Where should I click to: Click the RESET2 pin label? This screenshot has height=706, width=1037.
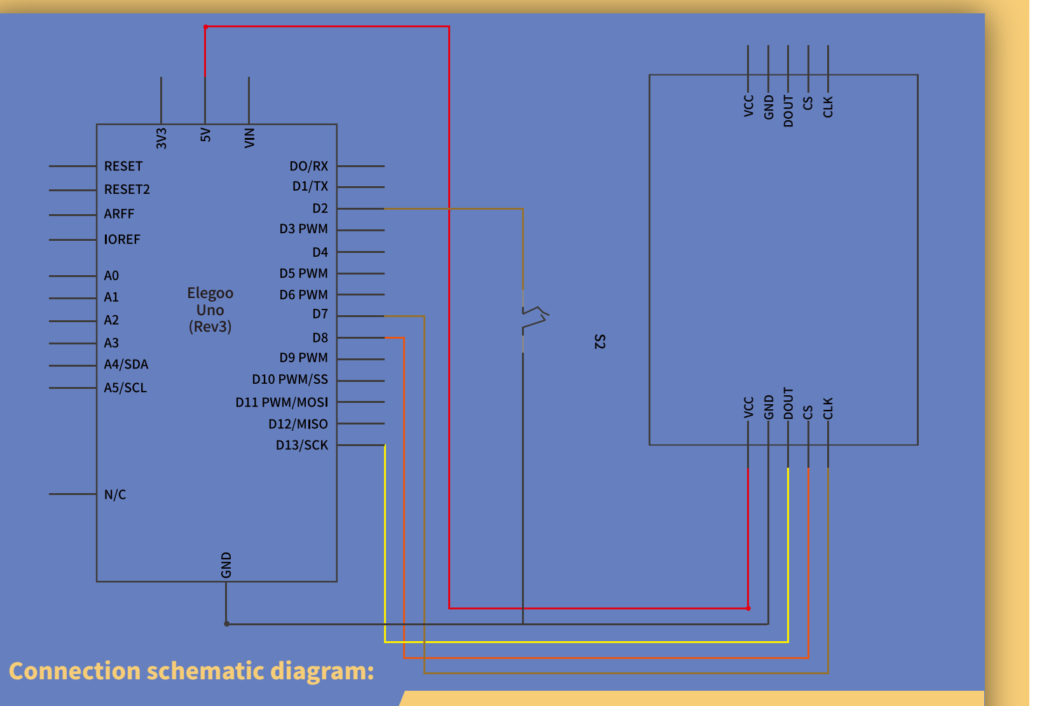127,189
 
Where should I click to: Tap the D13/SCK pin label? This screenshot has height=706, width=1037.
302,445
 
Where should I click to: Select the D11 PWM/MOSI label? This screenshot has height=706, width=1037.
282,402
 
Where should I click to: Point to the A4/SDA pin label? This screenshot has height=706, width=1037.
126,364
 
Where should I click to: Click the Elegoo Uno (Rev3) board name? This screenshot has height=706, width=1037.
210,309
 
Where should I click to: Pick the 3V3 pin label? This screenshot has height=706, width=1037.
161,139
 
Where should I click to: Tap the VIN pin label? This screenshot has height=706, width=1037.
249,138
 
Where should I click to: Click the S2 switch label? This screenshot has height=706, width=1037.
600,341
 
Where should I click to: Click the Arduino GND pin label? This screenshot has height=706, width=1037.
226,565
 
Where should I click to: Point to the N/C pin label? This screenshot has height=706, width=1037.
115,494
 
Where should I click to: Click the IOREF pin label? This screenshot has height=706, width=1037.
121,239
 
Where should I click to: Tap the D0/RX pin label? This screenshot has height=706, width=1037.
309,166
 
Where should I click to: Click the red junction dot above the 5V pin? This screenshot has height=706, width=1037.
205,27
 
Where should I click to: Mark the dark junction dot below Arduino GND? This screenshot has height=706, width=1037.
227,624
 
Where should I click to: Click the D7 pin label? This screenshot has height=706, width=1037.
320,314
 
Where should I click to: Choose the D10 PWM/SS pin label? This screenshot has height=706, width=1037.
290,379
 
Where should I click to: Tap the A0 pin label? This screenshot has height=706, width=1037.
111,276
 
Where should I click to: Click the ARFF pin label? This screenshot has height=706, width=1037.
119,214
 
